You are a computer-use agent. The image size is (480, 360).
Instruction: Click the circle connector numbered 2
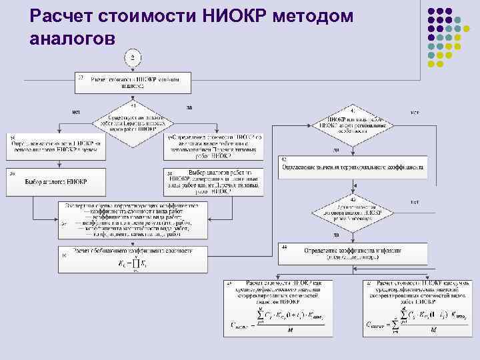133,59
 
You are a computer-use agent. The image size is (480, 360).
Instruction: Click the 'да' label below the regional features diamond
336,149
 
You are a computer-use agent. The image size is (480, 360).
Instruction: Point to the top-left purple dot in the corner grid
431,11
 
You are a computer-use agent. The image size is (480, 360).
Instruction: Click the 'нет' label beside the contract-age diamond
414,202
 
